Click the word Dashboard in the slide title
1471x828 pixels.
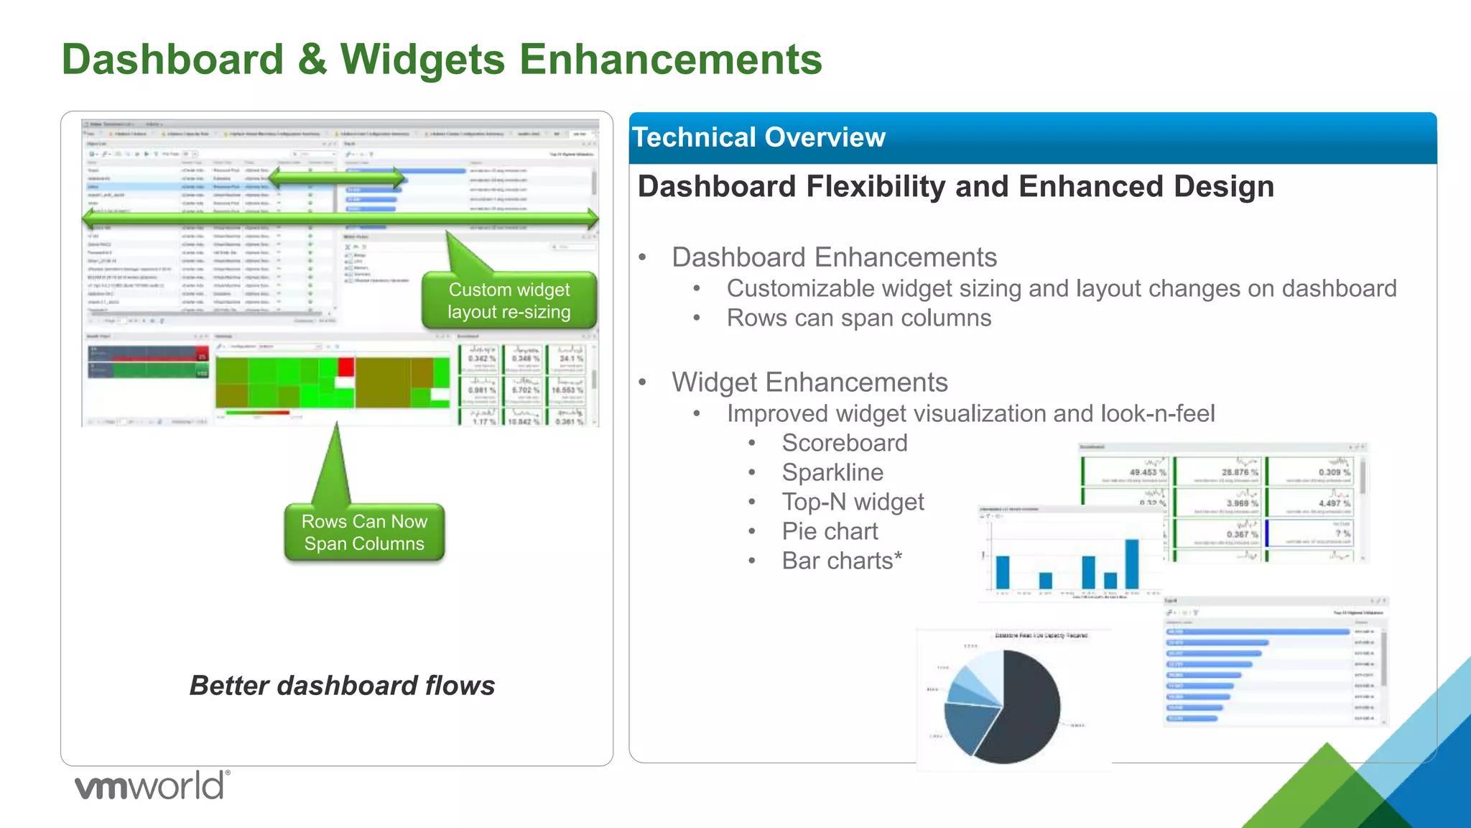pos(172,59)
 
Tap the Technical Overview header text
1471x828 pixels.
pos(758,137)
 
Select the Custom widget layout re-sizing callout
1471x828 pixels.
pos(509,300)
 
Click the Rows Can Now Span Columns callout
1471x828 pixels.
pos(364,533)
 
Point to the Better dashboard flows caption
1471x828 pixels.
pos(342,686)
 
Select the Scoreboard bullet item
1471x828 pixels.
pos(844,443)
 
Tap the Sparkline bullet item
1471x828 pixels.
pos(832,472)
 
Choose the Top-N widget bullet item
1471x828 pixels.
pos(853,502)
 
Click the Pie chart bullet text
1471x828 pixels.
pos(830,531)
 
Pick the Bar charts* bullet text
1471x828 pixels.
pos(841,561)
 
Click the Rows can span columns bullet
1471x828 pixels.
pos(858,318)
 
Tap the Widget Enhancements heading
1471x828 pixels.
pos(809,382)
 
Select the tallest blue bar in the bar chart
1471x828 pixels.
pos(1132,564)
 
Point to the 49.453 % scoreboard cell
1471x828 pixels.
pos(1126,471)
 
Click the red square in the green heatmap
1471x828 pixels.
pos(346,367)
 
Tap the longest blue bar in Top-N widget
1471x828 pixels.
pos(1257,632)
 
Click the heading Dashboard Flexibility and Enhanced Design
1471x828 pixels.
pos(955,187)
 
